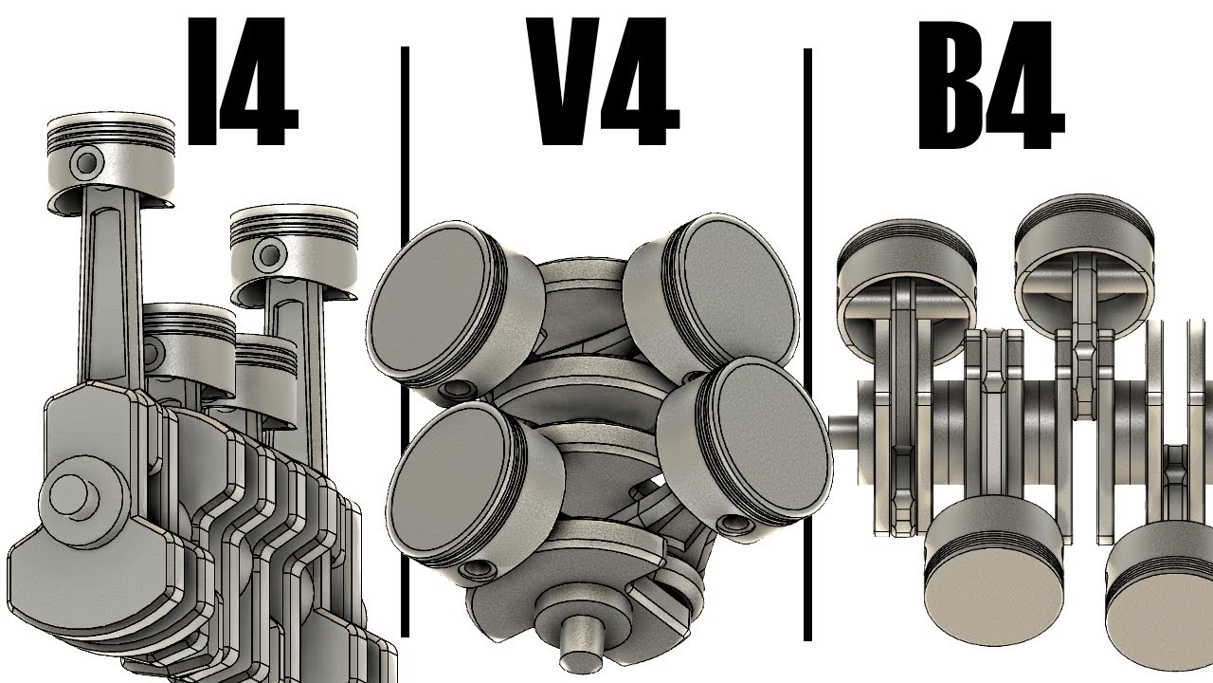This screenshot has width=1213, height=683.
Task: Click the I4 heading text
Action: (242, 82)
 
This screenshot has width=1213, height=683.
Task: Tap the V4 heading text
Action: (603, 82)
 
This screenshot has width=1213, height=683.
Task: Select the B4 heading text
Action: (991, 85)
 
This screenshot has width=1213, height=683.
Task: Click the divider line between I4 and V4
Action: (405, 341)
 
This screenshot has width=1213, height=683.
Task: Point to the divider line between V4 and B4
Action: (807, 344)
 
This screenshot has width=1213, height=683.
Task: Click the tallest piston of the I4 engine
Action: (111, 161)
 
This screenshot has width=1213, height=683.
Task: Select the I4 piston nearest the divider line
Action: (294, 252)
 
